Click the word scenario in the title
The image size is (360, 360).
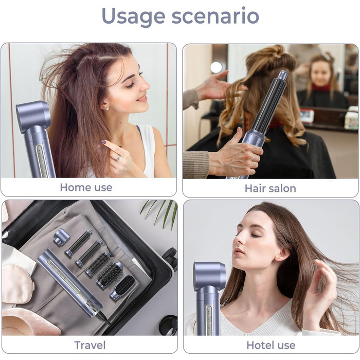[x=215, y=16]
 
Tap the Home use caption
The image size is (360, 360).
[x=86, y=187]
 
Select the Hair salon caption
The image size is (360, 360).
[x=270, y=189]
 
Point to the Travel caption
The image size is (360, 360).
[x=90, y=345]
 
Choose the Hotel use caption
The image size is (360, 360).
[x=271, y=345]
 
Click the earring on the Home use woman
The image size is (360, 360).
[x=107, y=109]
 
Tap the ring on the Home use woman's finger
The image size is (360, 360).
[x=118, y=158]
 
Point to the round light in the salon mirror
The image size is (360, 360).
[x=216, y=67]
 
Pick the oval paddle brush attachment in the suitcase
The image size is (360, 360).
[x=122, y=288]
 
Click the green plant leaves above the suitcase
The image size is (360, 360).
[x=160, y=212]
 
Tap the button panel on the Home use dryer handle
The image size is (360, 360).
[x=41, y=161]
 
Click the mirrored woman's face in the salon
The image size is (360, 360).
[x=320, y=74]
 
